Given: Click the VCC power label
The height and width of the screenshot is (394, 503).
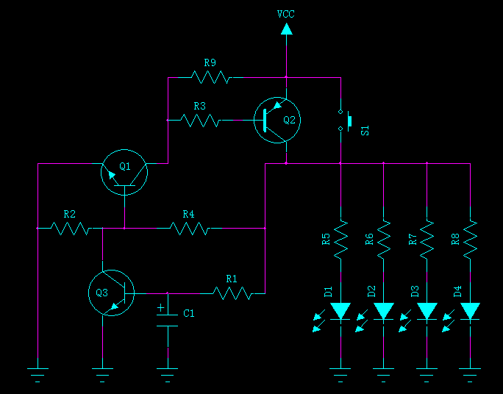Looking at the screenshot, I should (x=286, y=14).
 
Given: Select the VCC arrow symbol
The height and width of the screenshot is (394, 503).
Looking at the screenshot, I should (x=286, y=29).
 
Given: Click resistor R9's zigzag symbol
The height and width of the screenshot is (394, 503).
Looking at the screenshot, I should (x=210, y=76).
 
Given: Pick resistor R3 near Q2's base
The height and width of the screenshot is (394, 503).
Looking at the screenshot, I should (x=200, y=120).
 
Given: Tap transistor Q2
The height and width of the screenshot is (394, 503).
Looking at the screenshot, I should (x=277, y=120).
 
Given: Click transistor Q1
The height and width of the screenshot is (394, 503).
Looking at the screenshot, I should (x=124, y=171).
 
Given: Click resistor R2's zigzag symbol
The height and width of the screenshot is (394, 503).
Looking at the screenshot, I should (x=71, y=229).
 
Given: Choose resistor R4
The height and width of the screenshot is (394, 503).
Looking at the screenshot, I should (x=189, y=229).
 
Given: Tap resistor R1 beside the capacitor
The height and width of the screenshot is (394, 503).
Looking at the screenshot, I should (x=232, y=293).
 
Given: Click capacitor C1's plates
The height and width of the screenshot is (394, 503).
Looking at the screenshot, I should (x=168, y=318).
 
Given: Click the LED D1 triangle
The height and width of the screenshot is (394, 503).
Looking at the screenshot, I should (x=340, y=311).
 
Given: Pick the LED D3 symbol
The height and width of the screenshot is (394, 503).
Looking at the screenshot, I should (x=427, y=311).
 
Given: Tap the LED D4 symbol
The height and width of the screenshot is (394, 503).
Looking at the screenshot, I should (x=470, y=311).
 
